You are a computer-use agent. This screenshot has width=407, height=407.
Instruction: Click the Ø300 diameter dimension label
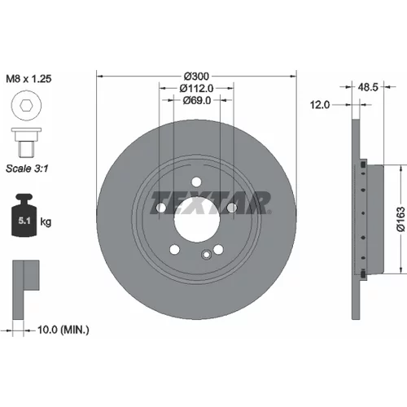tap(196, 77)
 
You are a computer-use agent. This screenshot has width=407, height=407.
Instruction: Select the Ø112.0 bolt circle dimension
tap(196, 88)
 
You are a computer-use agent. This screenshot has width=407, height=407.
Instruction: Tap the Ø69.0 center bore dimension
tap(197, 100)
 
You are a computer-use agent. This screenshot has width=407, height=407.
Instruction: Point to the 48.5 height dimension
tap(368, 87)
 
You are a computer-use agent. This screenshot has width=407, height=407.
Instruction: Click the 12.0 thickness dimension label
tap(320, 105)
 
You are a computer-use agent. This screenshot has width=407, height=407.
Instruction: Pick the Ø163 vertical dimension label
tap(400, 219)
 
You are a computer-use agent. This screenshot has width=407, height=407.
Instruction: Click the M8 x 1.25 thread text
tap(28, 79)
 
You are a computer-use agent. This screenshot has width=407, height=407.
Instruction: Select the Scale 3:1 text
tap(27, 168)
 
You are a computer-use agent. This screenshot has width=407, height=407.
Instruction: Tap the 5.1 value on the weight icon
tap(24, 221)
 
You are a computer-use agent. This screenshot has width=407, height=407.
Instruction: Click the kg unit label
tap(46, 222)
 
